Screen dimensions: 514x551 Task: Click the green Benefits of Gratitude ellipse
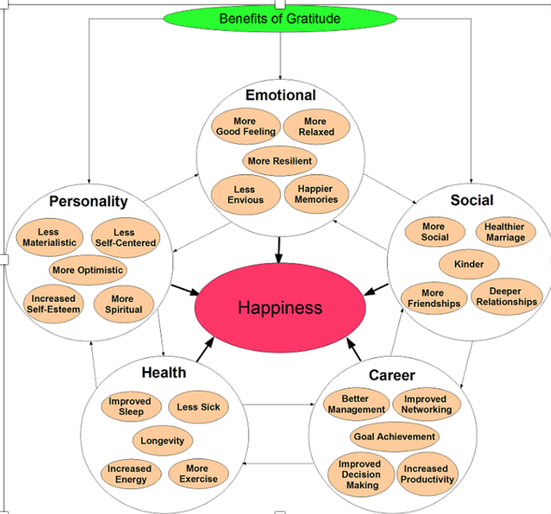(280, 19)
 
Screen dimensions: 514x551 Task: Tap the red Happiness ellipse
(280, 307)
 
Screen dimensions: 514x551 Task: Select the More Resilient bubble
(280, 161)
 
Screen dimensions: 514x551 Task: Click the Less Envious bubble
(246, 195)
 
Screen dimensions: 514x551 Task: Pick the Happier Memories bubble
(316, 194)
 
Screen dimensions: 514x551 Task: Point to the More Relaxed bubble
(316, 127)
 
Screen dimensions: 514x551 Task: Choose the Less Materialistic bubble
(50, 237)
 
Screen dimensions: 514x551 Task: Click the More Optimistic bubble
(88, 270)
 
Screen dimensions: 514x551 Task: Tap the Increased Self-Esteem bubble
(53, 304)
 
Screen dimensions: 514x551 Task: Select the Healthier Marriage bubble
(505, 232)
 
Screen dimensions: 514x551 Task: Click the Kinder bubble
(469, 264)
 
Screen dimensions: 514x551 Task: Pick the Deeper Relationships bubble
(506, 297)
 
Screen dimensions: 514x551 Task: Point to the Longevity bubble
(163, 441)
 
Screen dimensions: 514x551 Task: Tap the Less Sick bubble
(198, 407)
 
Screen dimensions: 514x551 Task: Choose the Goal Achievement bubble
(394, 437)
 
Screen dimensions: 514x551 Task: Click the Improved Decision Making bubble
(361, 475)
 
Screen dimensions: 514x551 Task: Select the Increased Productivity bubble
(427, 474)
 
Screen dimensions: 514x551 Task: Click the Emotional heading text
(281, 95)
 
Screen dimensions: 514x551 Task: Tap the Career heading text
(392, 375)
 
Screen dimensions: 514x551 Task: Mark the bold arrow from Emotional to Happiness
(278, 250)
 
